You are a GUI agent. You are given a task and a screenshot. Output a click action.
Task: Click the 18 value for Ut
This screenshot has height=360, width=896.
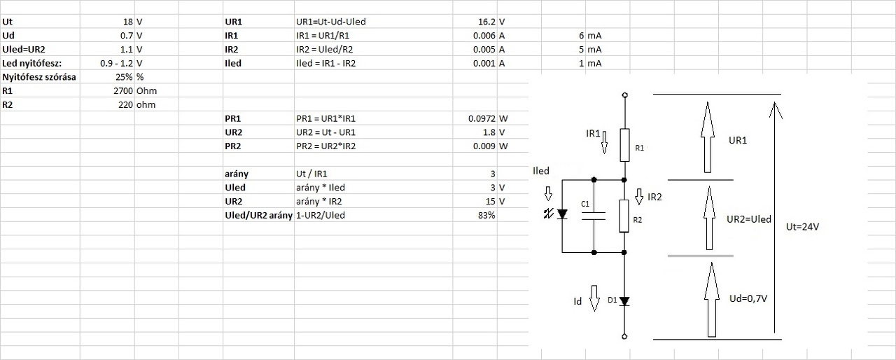[x=127, y=22]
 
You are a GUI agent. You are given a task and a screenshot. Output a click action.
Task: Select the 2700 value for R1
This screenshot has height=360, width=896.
[x=122, y=91]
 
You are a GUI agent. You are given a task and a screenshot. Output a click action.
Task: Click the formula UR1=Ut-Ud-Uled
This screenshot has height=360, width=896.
[x=331, y=22]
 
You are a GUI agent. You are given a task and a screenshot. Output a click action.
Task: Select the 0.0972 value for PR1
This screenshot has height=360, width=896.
[x=481, y=118]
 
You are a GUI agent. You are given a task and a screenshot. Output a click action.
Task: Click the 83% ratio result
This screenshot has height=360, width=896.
[x=486, y=215]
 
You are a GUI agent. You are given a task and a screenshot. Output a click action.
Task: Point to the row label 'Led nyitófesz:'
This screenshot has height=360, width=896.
[x=32, y=63]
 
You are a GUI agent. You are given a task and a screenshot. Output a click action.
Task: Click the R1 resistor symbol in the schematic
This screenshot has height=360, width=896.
[x=624, y=143]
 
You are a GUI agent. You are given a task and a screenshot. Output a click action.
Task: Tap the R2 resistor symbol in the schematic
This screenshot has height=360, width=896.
[x=624, y=215]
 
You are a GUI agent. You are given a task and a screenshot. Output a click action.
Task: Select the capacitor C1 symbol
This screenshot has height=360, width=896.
[x=594, y=215]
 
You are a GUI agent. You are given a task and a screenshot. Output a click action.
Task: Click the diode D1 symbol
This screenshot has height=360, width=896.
[x=624, y=301]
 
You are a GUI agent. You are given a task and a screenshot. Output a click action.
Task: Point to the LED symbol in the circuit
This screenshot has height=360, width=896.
[x=561, y=214]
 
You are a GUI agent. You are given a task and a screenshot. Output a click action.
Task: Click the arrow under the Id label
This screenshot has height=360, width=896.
[x=595, y=298]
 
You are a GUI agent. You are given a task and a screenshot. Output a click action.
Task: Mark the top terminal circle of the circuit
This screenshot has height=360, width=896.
[x=624, y=95]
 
